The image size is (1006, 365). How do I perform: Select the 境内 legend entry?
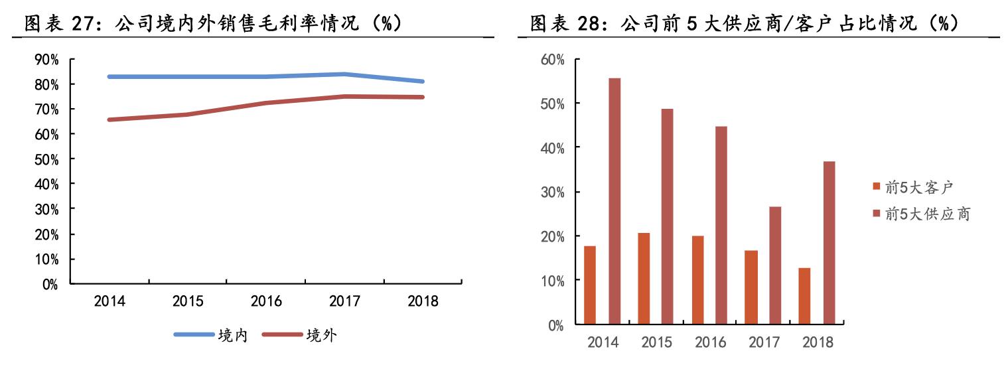232,335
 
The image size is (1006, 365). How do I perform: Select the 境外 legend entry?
321,335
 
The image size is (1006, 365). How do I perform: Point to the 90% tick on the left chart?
46,60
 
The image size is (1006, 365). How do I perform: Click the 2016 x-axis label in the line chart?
266,301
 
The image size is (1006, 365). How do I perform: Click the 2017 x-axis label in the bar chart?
764,342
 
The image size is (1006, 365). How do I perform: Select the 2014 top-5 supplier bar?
614,202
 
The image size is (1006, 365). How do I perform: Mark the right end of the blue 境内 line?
423,82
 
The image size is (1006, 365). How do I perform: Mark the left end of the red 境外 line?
109,119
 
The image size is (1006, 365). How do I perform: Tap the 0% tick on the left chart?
49,285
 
